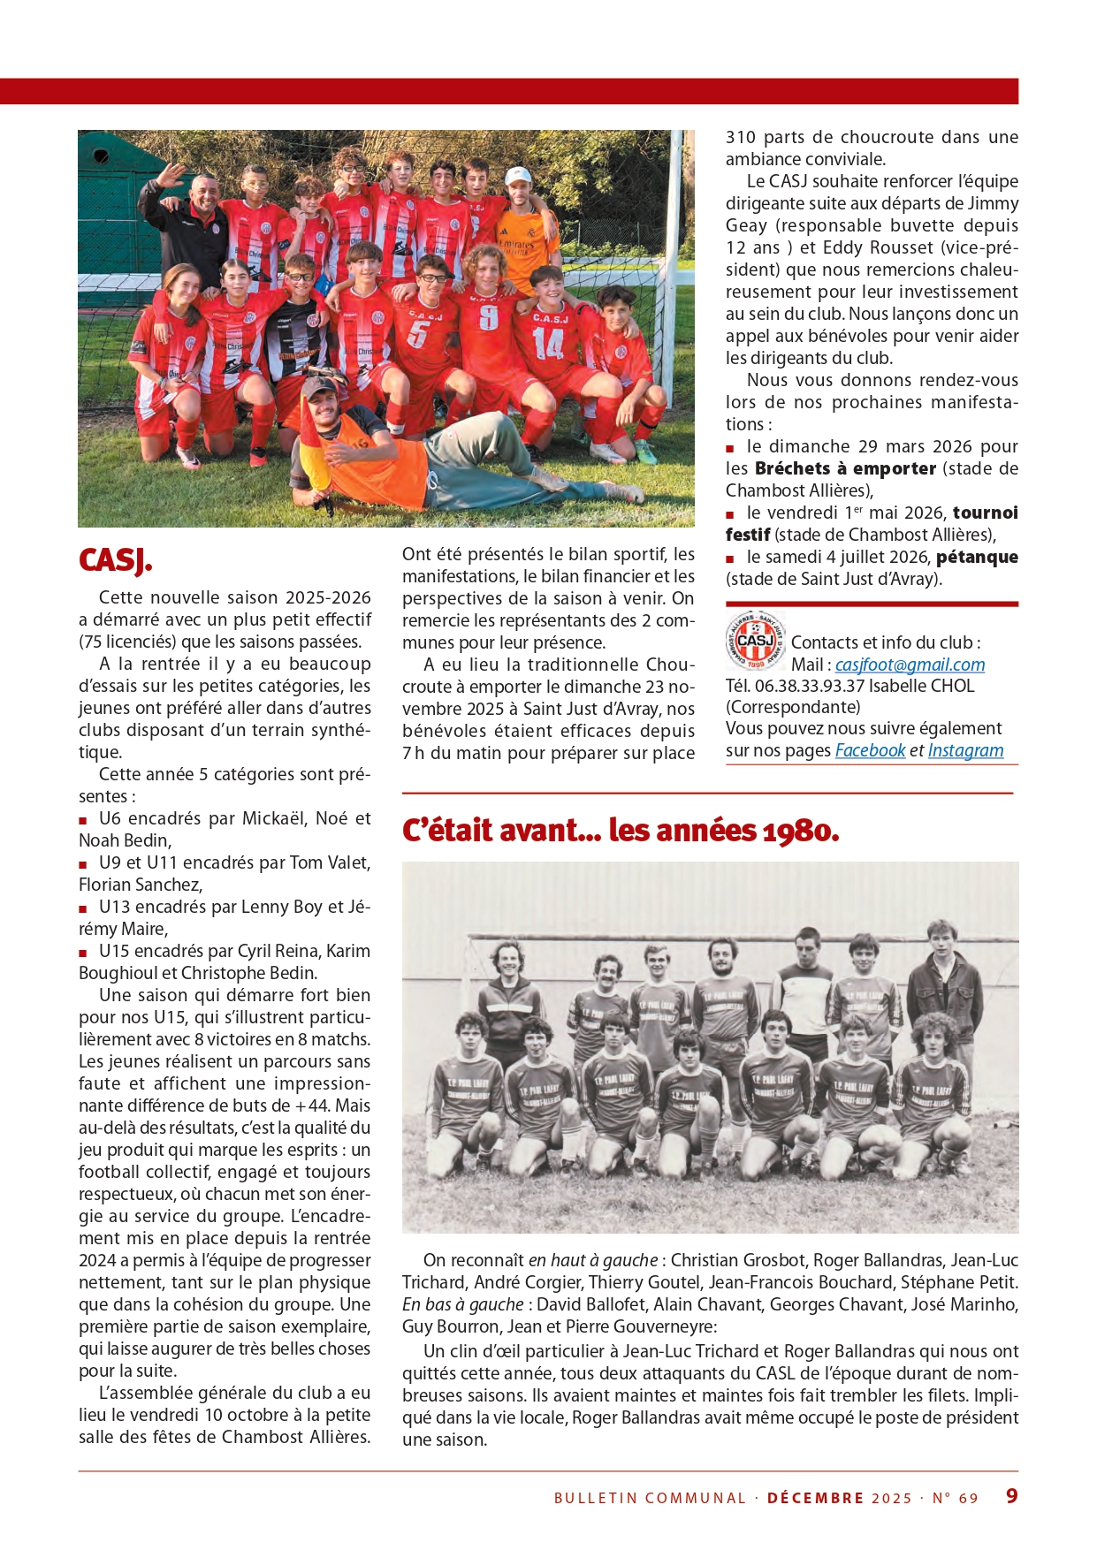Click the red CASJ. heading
(116, 560)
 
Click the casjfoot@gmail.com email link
(910, 665)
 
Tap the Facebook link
(870, 750)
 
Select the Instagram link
(965, 750)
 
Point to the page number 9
(1011, 1495)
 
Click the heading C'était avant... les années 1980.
(620, 831)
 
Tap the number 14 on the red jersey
(548, 343)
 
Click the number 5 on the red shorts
(419, 334)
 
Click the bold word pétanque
(977, 557)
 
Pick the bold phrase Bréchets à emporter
(845, 468)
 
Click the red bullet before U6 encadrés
(83, 820)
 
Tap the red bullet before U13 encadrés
(83, 908)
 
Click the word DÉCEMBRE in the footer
(815, 1498)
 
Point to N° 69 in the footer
(955, 1498)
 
